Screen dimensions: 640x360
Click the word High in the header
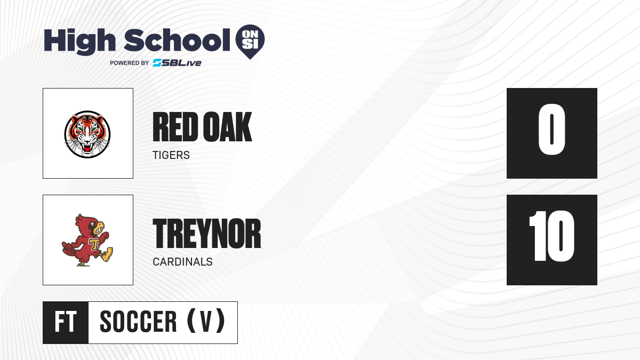79,41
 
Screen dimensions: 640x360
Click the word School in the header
177,39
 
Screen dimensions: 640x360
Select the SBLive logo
177,63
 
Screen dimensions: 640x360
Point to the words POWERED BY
129,63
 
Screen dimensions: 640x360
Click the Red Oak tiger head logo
87,134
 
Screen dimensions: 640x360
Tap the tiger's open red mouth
87,148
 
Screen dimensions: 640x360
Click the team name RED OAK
202,127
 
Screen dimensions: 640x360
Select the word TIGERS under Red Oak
171,155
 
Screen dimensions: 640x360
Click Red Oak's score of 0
551,130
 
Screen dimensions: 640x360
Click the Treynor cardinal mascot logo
87,240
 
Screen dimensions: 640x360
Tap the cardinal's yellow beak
100,228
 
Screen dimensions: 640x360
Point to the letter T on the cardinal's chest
93,243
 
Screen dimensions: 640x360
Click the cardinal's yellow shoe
107,254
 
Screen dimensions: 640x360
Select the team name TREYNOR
207,234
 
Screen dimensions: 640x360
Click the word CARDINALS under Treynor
182,262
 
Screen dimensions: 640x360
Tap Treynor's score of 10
551,236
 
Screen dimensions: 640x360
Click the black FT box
66,323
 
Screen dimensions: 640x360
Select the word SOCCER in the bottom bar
138,322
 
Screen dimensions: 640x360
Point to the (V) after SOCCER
206,321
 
